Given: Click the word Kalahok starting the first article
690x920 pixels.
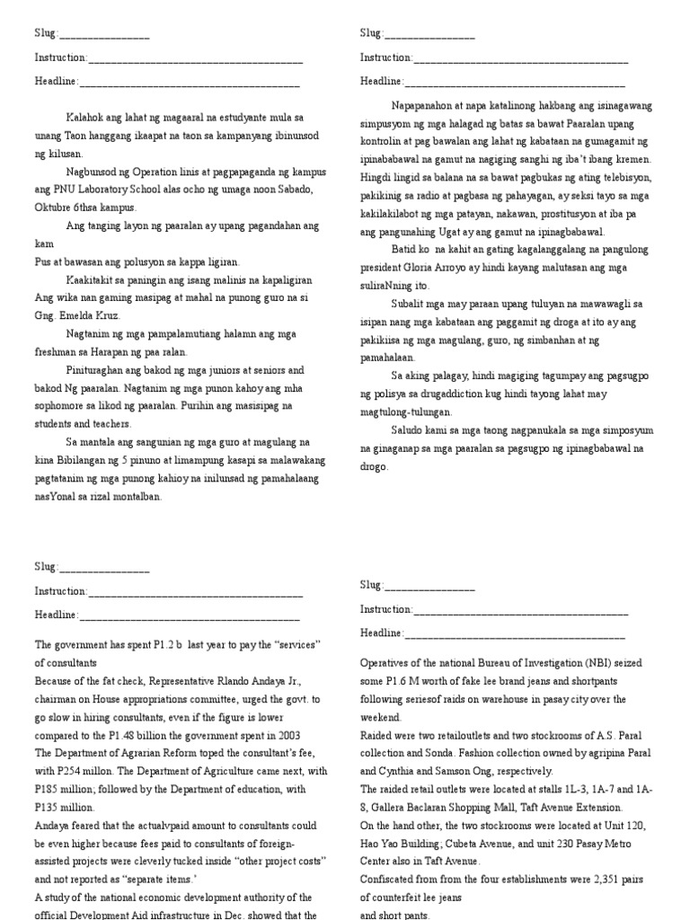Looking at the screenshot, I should (x=85, y=118).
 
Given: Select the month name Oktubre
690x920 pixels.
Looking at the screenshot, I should (x=55, y=208).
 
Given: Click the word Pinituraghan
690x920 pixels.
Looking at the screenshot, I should (x=97, y=369).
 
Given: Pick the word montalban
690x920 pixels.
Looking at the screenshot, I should (x=137, y=495).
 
